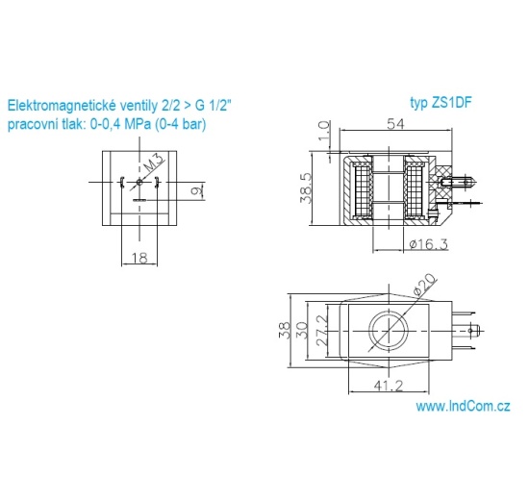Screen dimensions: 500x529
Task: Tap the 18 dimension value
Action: click(x=139, y=258)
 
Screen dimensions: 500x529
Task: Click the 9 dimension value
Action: click(x=194, y=191)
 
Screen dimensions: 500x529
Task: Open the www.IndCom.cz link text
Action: click(x=463, y=407)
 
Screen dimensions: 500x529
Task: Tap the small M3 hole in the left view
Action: click(x=139, y=182)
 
